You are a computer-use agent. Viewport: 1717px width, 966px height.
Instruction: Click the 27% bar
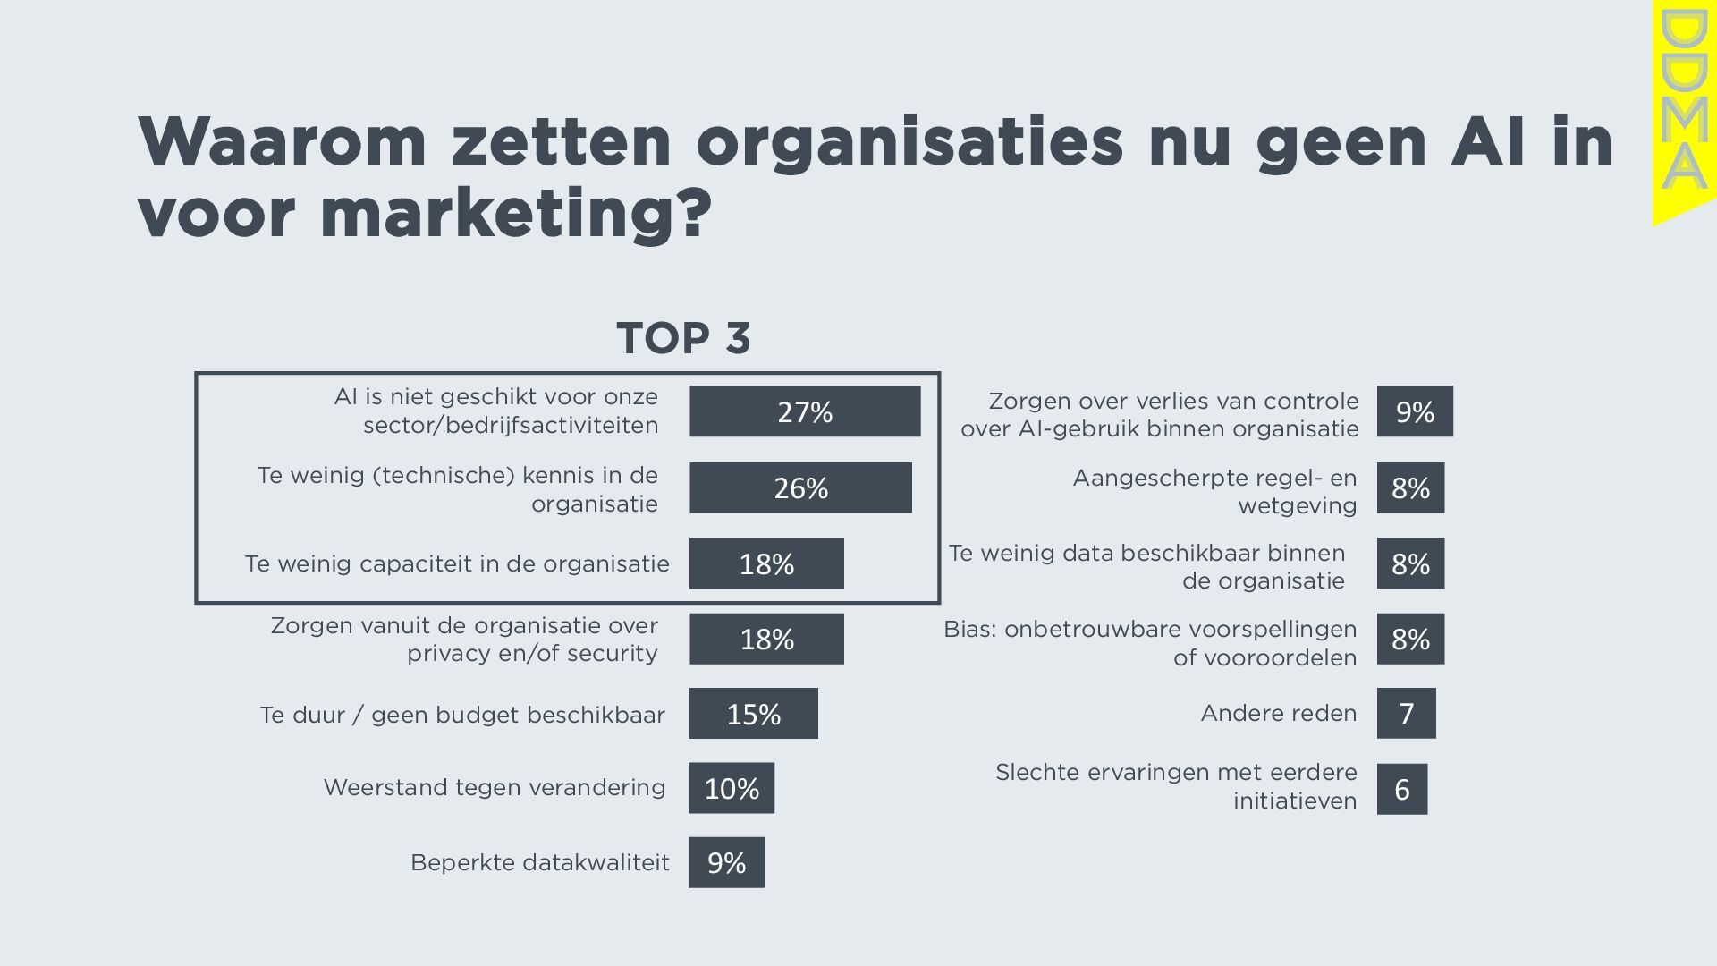[x=805, y=411]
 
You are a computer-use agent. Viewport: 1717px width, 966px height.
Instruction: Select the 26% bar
[x=800, y=487]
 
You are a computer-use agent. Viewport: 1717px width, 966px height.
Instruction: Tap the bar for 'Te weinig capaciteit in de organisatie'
[x=766, y=563]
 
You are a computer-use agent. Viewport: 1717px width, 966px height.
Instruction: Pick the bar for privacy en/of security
[x=766, y=639]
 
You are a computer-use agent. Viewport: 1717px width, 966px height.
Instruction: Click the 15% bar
[x=753, y=713]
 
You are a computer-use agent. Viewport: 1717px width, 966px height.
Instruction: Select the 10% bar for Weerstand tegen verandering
[x=732, y=788]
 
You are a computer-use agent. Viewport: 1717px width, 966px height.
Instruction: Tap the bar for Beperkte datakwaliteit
[x=726, y=862]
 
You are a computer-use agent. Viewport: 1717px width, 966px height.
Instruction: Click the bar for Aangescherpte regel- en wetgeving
[x=1410, y=487]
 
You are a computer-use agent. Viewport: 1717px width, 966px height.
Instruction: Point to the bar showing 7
[x=1406, y=713]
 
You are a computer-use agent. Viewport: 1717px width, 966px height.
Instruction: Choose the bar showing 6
[x=1401, y=789]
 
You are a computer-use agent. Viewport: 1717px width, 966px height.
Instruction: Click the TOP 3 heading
[x=684, y=338]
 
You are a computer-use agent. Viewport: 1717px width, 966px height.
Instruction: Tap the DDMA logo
[x=1683, y=112]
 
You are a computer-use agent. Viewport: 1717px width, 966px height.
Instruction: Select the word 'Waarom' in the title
[x=283, y=141]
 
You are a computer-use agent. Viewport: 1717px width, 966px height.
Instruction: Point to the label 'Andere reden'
[x=1278, y=713]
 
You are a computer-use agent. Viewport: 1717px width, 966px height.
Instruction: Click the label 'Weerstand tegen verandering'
[x=495, y=787]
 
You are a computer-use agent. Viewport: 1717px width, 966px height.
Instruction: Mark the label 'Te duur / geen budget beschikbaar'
[x=462, y=715]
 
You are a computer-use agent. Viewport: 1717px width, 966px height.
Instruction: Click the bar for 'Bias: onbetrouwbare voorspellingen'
[x=1410, y=639]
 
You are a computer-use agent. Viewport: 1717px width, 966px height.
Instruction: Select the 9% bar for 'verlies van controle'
[x=1415, y=411]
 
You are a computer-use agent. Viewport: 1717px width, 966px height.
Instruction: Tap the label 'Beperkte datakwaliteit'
[x=539, y=862]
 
